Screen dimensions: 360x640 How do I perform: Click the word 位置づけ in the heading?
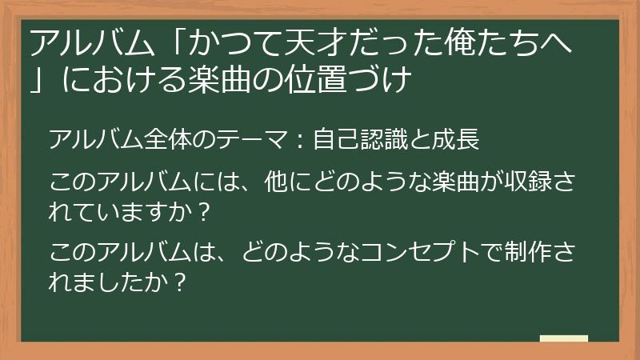click(x=369, y=80)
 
